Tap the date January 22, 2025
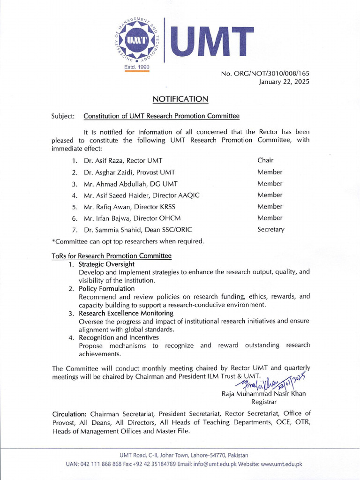(x=285, y=82)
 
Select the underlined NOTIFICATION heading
(x=180, y=99)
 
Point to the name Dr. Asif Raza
(x=102, y=161)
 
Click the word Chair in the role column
(x=265, y=160)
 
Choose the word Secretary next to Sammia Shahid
(x=271, y=230)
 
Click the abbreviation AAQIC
(x=188, y=195)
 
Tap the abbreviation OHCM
(x=170, y=218)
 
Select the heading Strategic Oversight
(x=105, y=264)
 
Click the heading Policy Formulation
(x=106, y=289)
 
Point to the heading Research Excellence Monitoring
(x=126, y=313)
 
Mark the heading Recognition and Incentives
(x=119, y=337)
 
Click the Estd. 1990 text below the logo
(x=136, y=67)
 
